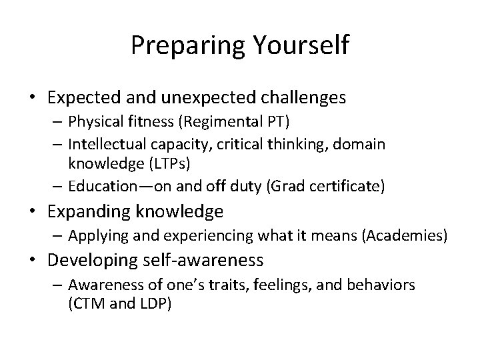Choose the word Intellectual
coord(110,144)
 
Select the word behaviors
coord(383,285)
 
